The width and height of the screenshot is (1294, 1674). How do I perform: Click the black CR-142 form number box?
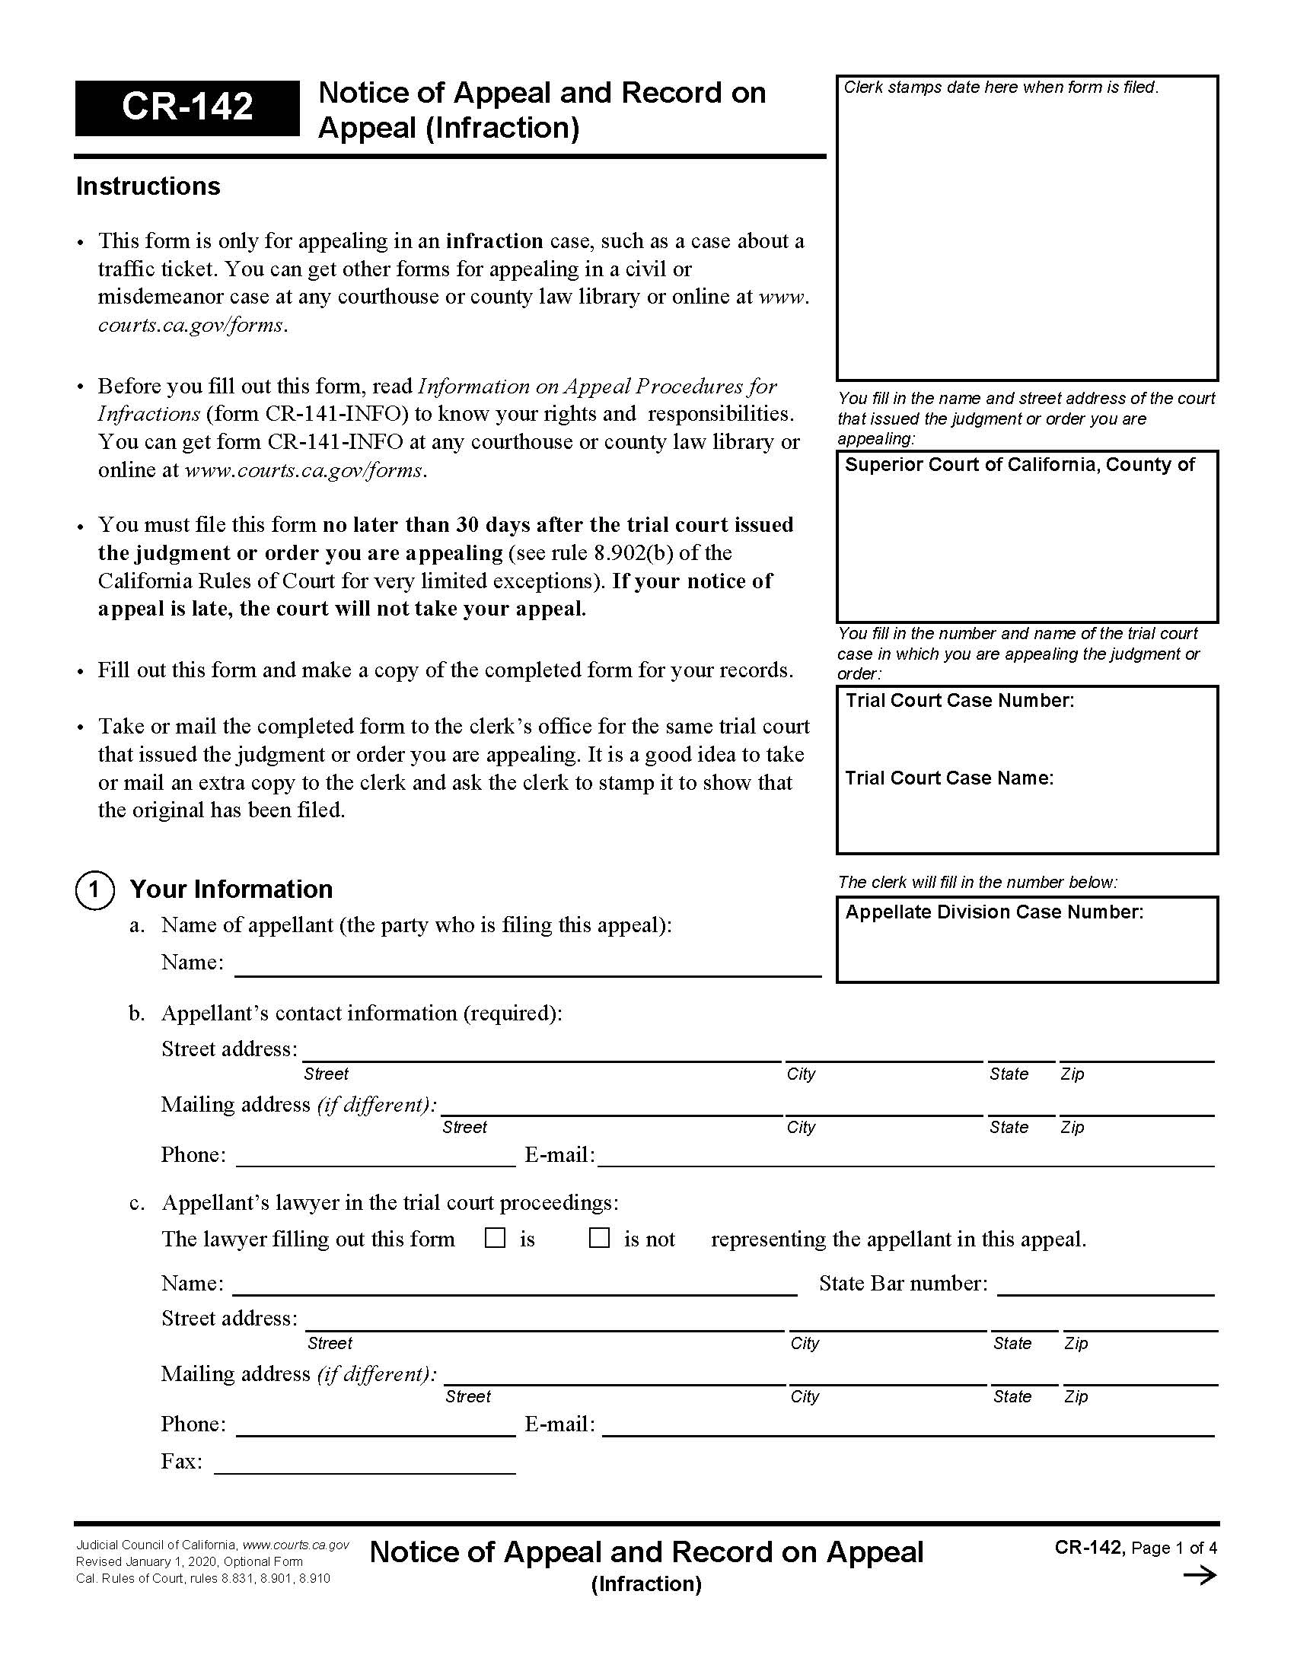(187, 107)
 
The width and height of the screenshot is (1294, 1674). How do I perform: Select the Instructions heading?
(148, 186)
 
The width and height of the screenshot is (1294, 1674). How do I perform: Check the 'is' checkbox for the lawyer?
(496, 1238)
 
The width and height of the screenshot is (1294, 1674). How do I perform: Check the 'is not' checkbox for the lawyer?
(599, 1238)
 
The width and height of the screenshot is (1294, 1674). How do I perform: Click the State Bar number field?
(1105, 1285)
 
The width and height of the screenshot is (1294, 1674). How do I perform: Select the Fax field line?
(365, 1465)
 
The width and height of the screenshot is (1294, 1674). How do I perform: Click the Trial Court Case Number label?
(959, 701)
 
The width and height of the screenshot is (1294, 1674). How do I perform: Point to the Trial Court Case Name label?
(949, 778)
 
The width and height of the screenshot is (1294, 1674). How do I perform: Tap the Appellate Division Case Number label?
(993, 912)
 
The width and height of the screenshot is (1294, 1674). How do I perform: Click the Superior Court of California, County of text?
(1018, 465)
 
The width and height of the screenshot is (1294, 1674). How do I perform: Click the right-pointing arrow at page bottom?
(1200, 1576)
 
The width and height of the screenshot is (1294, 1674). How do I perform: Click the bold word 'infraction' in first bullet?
(495, 241)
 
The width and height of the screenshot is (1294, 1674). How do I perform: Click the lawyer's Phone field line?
(375, 1426)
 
